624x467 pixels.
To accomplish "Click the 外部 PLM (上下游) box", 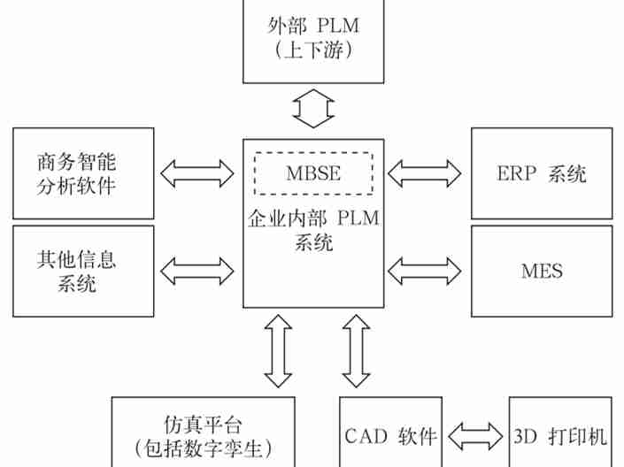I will point(313,39).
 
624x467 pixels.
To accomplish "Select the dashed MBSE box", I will point(313,172).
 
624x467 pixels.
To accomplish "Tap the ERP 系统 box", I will point(541,173).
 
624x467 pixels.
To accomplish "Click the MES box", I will point(541,271).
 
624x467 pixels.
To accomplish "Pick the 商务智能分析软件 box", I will point(83,173).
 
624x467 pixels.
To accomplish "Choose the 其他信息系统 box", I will point(83,271).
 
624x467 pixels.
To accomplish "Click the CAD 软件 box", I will point(390,435).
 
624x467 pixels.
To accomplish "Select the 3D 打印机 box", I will point(559,435).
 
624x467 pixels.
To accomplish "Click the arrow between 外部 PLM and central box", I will point(313,108).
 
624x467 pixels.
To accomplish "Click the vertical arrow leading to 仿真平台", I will point(278,351).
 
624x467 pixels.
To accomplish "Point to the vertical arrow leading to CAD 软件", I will point(358,351).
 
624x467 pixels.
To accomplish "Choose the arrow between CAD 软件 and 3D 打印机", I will point(475,435).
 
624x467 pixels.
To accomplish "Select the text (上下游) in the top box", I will point(313,51).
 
